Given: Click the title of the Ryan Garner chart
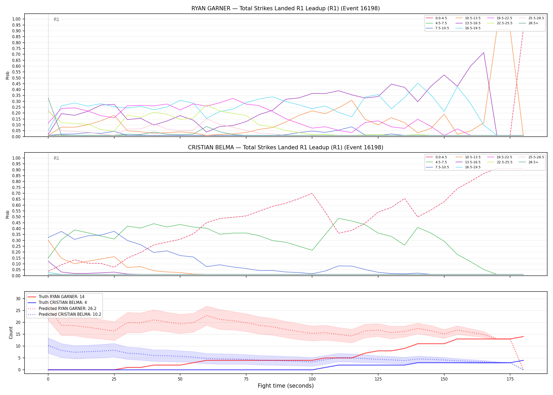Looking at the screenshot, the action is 285,8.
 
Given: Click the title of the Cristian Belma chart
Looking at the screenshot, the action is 285,147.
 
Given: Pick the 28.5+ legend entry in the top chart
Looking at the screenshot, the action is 529,23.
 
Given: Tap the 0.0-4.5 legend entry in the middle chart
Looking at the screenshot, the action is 436,157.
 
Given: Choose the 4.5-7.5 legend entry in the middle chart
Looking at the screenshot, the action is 436,162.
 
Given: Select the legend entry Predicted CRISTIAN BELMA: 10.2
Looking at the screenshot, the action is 64,314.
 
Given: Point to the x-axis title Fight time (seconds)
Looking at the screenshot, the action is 286,386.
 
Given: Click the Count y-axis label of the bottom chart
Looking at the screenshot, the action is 11,333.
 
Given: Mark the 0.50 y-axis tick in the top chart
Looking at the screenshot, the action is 16,78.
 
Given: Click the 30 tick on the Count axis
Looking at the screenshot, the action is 18,299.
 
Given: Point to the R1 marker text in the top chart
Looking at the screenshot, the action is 56,19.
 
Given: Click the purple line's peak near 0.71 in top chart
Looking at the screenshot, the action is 483,52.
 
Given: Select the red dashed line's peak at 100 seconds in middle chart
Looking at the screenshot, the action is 312,193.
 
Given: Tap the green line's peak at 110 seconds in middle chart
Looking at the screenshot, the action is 338,218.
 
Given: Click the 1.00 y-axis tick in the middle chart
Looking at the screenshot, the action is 16,158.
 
